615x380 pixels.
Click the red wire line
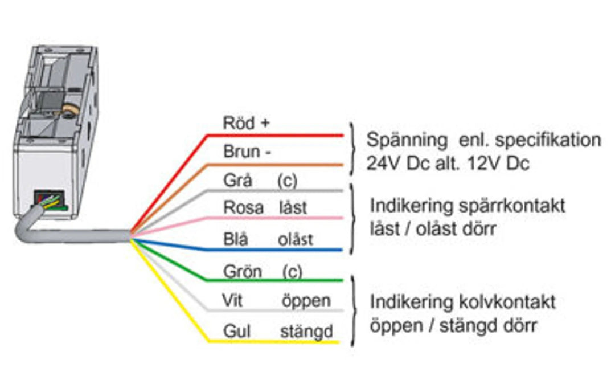273,136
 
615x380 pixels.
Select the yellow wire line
273,341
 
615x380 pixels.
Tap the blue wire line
273,250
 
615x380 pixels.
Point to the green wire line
273,280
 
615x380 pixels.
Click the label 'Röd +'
245,123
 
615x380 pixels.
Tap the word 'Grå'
237,181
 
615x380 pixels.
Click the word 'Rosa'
243,207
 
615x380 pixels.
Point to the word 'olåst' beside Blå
295,239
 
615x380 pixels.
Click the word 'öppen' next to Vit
306,300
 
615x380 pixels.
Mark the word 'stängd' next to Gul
306,331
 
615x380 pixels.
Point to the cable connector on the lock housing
48,201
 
